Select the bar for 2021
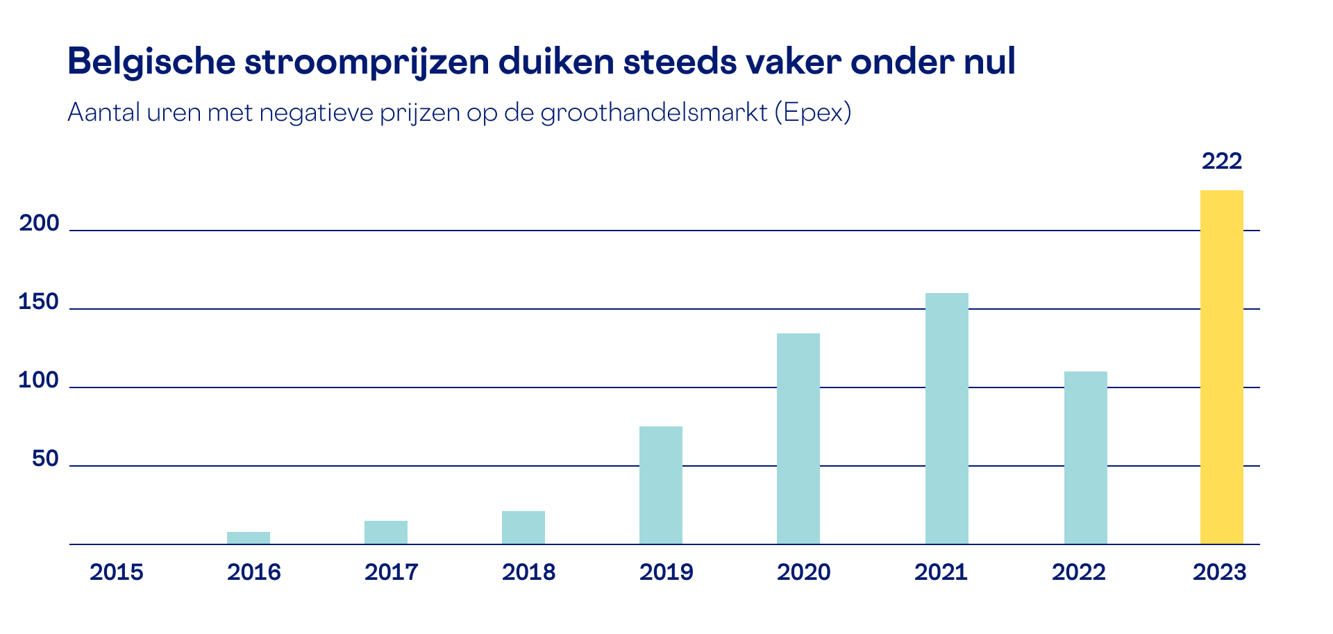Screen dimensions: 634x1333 pos(946,418)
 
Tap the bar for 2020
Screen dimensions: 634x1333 pos(798,438)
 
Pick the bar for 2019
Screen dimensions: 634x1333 pos(660,485)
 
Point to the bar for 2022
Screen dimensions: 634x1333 pos(1085,458)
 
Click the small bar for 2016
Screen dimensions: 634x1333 pos(248,537)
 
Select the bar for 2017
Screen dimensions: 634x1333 pos(385,532)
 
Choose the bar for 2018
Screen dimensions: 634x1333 pos(523,527)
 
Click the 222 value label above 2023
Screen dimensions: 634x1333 pos(1221,161)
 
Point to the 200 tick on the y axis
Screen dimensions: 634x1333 pos(39,224)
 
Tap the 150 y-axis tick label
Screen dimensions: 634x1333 pos(39,302)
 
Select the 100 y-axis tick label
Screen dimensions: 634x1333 pos(39,381)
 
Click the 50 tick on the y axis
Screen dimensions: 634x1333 pos(45,459)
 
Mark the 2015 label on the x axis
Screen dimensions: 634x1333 pos(117,572)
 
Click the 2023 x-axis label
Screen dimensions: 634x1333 pos(1220,572)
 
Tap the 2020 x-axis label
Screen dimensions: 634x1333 pos(803,572)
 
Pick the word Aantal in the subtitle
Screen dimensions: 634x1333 pos(104,112)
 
